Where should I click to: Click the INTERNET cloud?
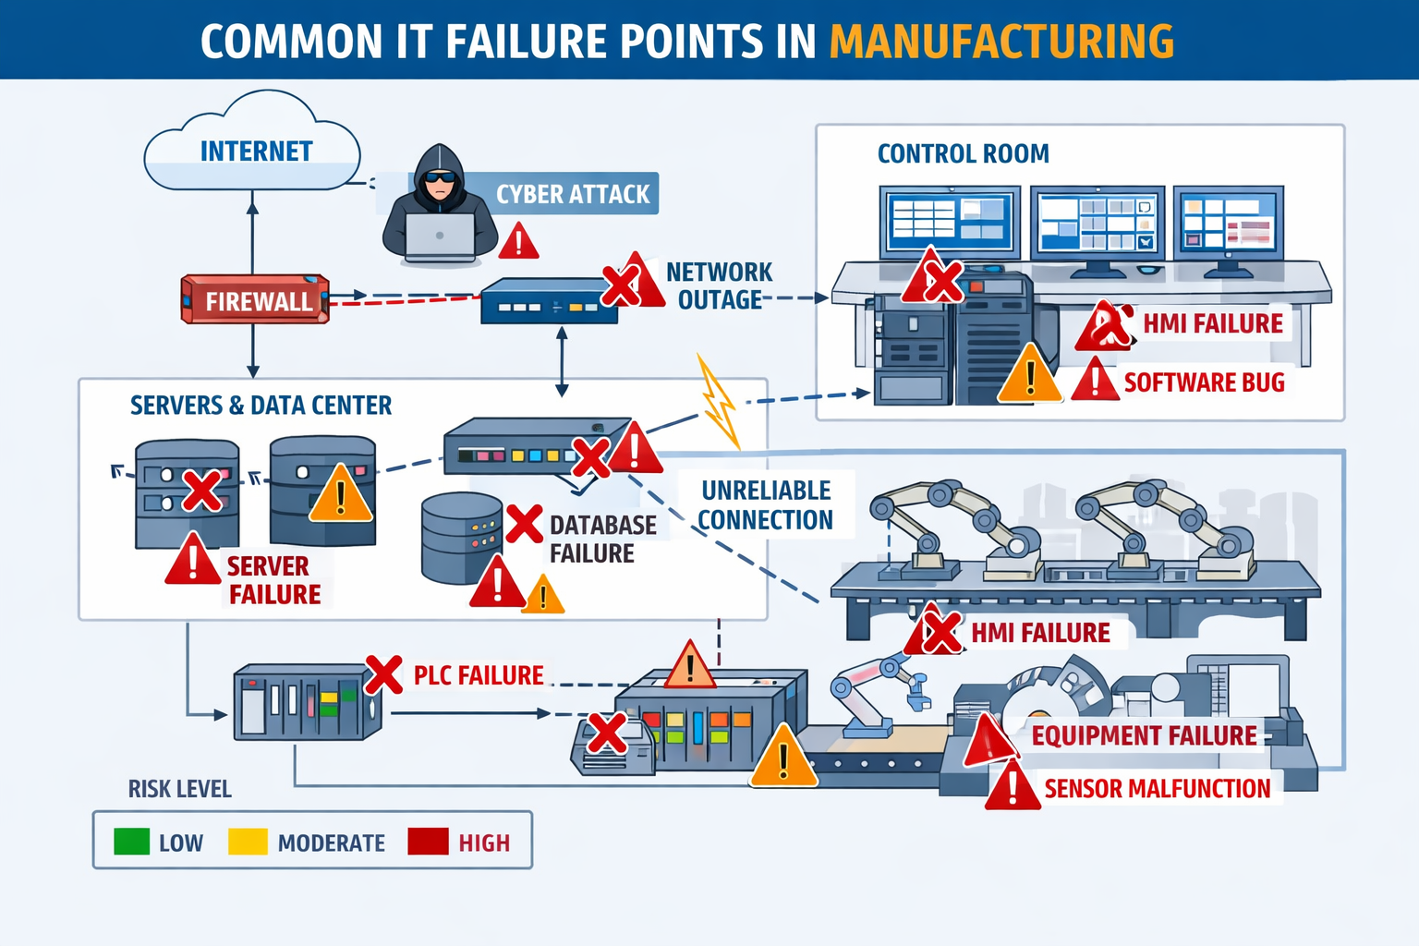(x=252, y=148)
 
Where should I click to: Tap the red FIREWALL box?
(x=256, y=299)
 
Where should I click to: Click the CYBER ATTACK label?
(x=573, y=194)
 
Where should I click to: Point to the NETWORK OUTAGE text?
(x=719, y=286)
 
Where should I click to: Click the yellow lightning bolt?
(x=719, y=403)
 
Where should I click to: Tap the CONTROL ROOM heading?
(x=963, y=153)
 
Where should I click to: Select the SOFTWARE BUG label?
(x=1204, y=382)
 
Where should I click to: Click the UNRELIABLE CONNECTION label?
(x=766, y=505)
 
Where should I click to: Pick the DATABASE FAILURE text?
(x=602, y=539)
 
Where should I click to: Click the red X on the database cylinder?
(x=524, y=524)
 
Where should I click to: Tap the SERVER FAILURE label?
(x=273, y=580)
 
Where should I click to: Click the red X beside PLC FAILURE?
(x=383, y=674)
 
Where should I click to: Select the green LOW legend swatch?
(x=131, y=842)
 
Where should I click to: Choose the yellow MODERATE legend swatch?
(x=248, y=842)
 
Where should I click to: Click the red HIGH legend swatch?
(x=428, y=842)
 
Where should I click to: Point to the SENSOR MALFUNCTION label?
(x=1157, y=789)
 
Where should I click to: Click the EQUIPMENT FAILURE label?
(x=1144, y=736)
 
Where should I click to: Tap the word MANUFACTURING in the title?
(x=1001, y=42)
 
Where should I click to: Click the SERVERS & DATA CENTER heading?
(x=261, y=406)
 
